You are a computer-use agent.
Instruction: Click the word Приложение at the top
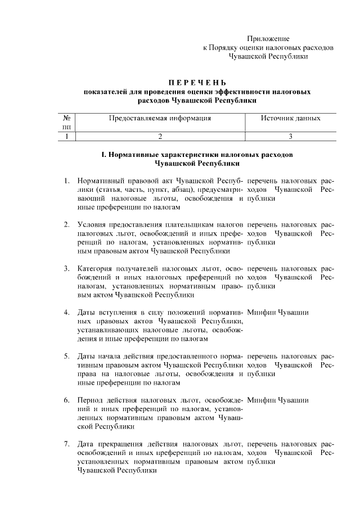pyautogui.click(x=268, y=39)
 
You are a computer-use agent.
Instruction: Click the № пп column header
pyautogui.click(x=66, y=123)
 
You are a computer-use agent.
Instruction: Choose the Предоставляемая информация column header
pyautogui.click(x=160, y=119)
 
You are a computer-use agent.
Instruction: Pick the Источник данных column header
pyautogui.click(x=291, y=119)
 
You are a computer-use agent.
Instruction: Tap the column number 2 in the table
pyautogui.click(x=160, y=136)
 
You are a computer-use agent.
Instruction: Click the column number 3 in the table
pyautogui.click(x=291, y=136)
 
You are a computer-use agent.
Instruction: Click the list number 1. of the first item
pyautogui.click(x=66, y=181)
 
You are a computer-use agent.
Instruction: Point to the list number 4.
pyautogui.click(x=66, y=312)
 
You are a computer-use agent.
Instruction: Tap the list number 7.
pyautogui.click(x=66, y=444)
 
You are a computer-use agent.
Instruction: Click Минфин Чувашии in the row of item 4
pyautogui.click(x=277, y=312)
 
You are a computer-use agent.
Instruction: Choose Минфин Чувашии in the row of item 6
pyautogui.click(x=277, y=400)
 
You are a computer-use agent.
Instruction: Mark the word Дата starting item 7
pyautogui.click(x=87, y=444)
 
